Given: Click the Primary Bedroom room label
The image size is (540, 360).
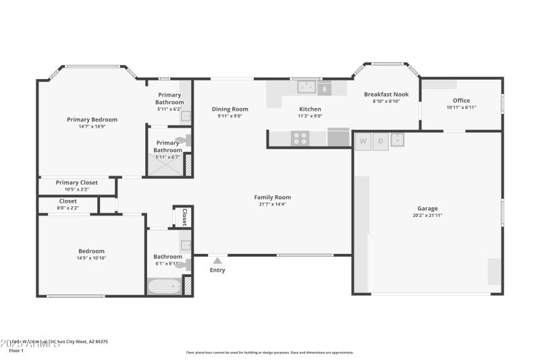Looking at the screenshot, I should tap(92, 120).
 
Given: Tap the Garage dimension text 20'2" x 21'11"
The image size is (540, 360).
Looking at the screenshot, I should tap(427, 215).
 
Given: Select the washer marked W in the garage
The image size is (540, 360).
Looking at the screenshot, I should tap(363, 141).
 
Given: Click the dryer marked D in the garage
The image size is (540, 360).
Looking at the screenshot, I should tap(380, 141).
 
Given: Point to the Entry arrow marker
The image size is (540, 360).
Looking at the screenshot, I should tap(217, 260).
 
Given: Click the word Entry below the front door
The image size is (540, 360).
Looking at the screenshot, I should tap(217, 270).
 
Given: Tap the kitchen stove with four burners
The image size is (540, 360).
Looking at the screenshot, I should tap(300, 138).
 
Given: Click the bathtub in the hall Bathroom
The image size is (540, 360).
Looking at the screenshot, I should tap(164, 287).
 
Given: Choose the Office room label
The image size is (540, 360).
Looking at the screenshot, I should tap(461, 101).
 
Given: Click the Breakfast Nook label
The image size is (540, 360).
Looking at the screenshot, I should tap(386, 95).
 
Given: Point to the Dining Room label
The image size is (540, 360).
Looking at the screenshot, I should tap(230, 109).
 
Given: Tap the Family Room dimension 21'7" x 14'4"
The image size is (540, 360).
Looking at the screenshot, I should tap(272, 204).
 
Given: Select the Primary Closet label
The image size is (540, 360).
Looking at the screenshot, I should tap(76, 182).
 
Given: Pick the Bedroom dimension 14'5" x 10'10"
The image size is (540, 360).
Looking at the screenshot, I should tap(91, 258).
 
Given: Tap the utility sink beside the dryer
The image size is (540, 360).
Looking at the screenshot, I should tap(397, 140).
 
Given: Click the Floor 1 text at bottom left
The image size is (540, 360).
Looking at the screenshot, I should tap(16, 351).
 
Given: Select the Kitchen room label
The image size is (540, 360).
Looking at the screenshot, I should tap(310, 109).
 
